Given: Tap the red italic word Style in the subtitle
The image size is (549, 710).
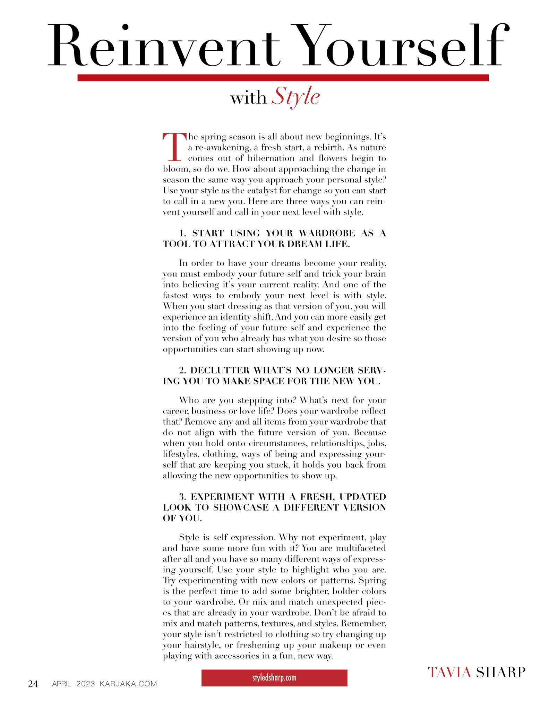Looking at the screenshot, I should coord(295,98).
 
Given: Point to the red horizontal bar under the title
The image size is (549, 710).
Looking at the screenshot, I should coord(283,78).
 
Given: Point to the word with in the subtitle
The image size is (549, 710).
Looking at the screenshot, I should coord(248,99).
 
